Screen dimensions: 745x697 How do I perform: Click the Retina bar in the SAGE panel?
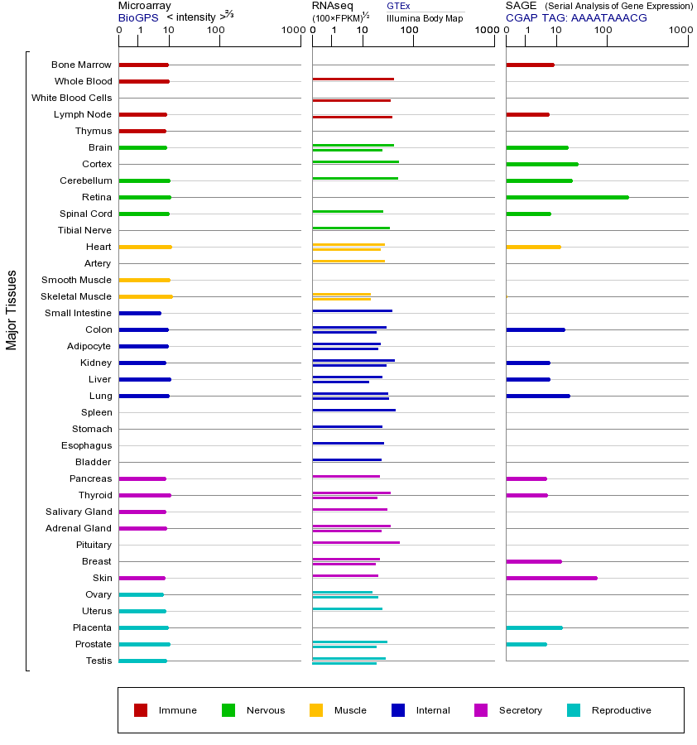click(x=567, y=197)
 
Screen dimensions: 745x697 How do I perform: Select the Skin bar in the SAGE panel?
click(x=551, y=578)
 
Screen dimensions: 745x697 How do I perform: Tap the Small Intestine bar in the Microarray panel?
click(x=140, y=313)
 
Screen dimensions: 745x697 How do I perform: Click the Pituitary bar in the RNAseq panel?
click(x=356, y=542)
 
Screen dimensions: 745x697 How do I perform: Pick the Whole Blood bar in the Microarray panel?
click(x=144, y=81)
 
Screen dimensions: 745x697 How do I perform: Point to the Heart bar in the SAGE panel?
click(x=533, y=247)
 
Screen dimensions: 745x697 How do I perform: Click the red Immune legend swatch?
click(x=141, y=710)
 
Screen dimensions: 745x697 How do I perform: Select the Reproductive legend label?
click(x=621, y=710)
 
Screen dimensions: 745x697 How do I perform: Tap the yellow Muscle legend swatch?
click(x=316, y=710)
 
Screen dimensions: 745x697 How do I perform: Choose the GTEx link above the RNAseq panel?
click(x=398, y=6)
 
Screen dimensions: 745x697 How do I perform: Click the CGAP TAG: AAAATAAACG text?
click(x=576, y=17)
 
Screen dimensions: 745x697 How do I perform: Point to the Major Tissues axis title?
click(x=12, y=310)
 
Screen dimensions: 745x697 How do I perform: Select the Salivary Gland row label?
click(x=79, y=512)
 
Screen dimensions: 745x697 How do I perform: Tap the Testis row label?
click(x=99, y=661)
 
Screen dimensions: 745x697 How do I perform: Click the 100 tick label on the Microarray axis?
click(x=215, y=31)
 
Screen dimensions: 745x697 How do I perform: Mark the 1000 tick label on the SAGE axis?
click(x=680, y=31)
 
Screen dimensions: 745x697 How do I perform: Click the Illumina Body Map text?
click(x=425, y=17)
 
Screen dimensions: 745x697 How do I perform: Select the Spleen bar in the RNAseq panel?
click(x=353, y=410)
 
